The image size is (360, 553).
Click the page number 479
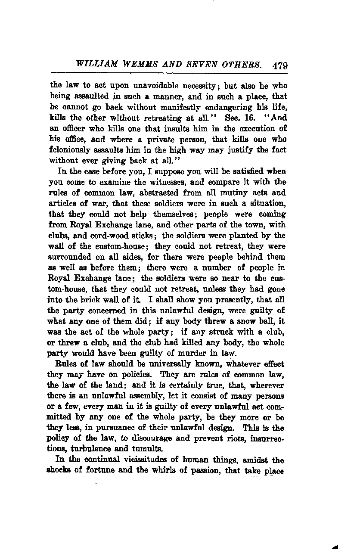point(279,66)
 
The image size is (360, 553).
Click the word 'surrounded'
point(70,257)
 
